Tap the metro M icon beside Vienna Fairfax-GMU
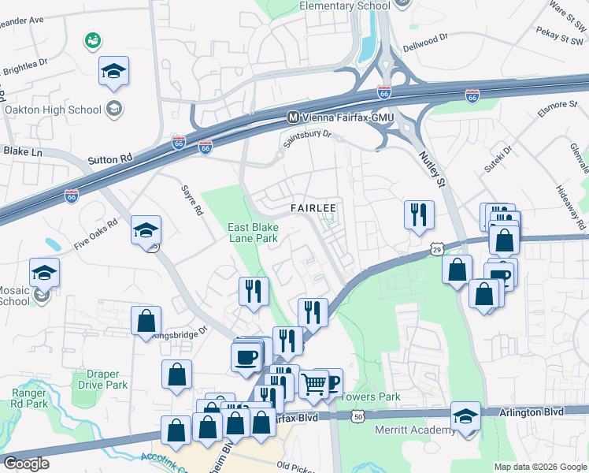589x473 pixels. pos(293,117)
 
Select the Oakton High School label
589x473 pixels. pos(54,110)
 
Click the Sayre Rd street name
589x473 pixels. pos(193,202)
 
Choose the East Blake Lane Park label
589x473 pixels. pos(254,233)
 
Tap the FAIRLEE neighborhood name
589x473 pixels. pos(313,208)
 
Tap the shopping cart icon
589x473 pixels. pos(314,385)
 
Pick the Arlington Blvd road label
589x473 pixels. pos(532,412)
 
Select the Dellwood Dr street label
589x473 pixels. pos(428,36)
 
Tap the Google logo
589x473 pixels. pos(27,464)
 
